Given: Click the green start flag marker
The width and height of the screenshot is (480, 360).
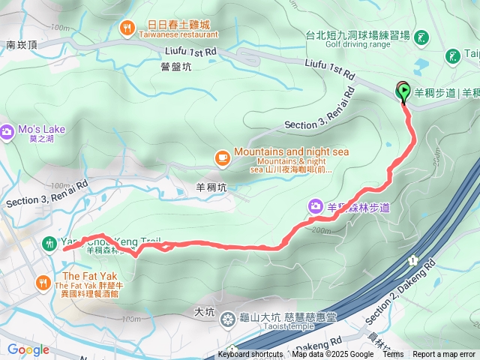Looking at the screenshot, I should click(x=403, y=92).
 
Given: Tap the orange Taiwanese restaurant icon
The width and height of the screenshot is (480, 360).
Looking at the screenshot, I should click(x=126, y=28).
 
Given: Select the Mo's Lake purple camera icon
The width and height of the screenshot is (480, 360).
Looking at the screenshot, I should click(x=7, y=131).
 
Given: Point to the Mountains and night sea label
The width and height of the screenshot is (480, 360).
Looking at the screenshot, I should click(x=292, y=151).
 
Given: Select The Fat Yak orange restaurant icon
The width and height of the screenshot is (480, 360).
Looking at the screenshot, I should click(x=43, y=283).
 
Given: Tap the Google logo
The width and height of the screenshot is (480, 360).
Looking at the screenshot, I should click(x=28, y=349).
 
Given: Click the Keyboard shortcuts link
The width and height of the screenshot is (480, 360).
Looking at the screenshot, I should click(x=250, y=355).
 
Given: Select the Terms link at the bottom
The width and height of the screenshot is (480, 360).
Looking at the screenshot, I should click(x=393, y=355).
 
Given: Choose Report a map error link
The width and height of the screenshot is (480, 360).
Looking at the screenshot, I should click(x=444, y=355).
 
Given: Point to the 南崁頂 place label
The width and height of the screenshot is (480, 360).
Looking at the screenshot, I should click(x=21, y=45).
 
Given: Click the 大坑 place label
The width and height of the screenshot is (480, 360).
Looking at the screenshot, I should click(x=204, y=310).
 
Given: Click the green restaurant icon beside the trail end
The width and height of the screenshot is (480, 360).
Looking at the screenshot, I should click(x=50, y=243).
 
